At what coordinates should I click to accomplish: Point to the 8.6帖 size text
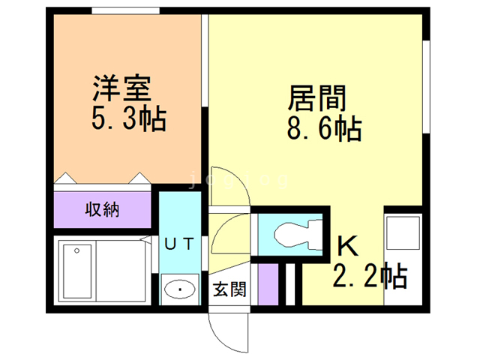[324, 130]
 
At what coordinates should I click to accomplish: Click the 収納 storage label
[101, 209]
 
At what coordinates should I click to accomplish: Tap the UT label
[180, 243]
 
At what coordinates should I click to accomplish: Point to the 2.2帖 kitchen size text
[370, 276]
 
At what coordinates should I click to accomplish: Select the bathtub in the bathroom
[77, 271]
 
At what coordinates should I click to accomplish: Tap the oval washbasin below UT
[179, 289]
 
